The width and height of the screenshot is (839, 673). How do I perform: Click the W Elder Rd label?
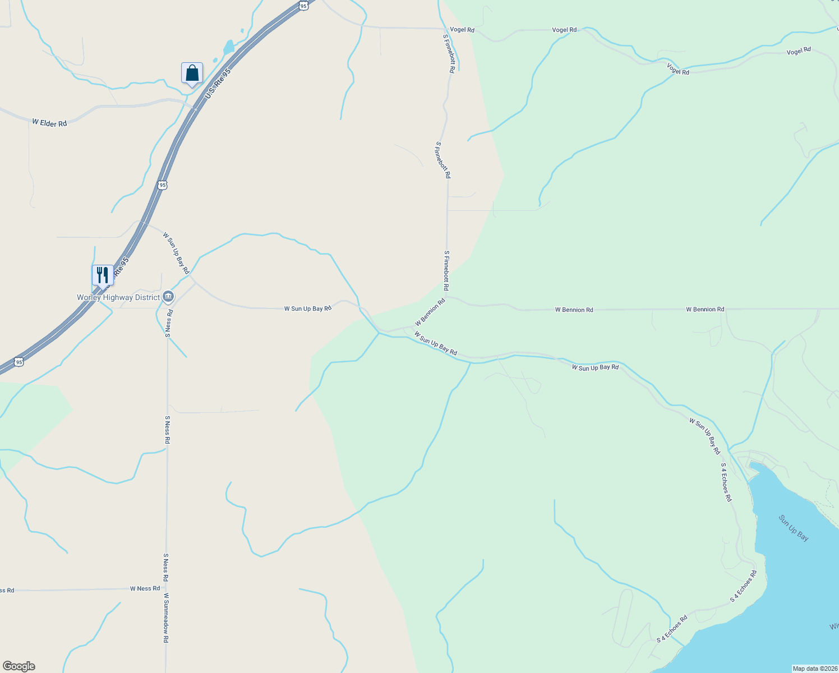tap(49, 123)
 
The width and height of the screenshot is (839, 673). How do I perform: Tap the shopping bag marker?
tap(192, 73)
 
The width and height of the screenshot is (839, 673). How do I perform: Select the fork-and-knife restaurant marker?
tap(102, 275)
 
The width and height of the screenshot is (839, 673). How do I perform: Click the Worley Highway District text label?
tap(118, 297)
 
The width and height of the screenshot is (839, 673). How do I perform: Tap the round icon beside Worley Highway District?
tap(168, 297)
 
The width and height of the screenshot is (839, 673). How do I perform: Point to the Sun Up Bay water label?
tap(794, 528)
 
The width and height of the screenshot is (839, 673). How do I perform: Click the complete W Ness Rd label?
tap(145, 588)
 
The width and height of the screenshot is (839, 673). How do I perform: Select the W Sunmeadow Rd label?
tap(166, 618)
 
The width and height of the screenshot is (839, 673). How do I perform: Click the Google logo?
tap(19, 666)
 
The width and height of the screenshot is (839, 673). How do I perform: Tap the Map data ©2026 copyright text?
tap(814, 669)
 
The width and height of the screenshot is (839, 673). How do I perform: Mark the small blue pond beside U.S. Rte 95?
tap(228, 47)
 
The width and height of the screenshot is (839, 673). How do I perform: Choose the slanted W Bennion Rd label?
tap(430, 312)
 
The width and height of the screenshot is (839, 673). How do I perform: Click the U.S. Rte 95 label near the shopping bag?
tap(218, 84)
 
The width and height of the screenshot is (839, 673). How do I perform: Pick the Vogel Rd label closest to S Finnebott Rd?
tap(462, 30)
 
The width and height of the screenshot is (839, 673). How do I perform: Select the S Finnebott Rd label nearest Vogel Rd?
tap(449, 54)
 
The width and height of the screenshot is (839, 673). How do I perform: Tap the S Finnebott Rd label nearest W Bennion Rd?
tap(446, 270)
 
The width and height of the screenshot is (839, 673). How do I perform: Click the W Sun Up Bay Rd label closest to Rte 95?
tap(176, 253)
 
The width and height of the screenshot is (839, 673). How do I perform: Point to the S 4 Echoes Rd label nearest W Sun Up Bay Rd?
tap(726, 482)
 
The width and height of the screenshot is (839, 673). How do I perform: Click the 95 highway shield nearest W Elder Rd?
tap(162, 185)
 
